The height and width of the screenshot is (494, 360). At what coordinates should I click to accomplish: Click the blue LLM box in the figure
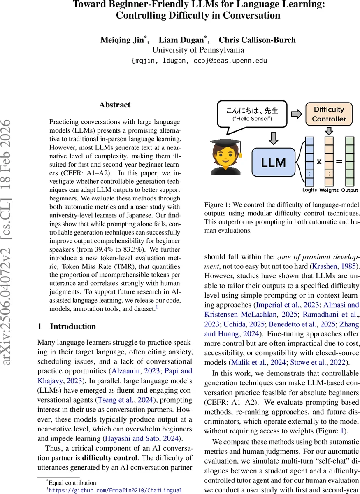pyautogui.click(x=274, y=162)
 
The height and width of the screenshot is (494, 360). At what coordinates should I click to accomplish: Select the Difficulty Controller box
pyautogui.click(x=329, y=114)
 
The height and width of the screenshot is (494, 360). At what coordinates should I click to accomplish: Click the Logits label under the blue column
pyautogui.click(x=309, y=190)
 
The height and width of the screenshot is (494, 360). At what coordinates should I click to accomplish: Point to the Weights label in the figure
pyautogui.click(x=329, y=190)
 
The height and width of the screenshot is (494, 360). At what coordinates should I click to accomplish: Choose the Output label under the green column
pyautogui.click(x=349, y=190)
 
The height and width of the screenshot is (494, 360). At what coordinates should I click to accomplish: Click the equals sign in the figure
pyautogui.click(x=339, y=161)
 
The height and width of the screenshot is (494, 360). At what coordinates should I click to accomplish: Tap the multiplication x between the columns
pyautogui.click(x=319, y=161)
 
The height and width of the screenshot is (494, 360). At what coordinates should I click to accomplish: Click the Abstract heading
pyautogui.click(x=115, y=105)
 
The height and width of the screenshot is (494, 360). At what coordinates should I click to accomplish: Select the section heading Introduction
pyautogui.click(x=72, y=326)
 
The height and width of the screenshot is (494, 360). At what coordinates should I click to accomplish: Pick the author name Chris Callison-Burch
pyautogui.click(x=257, y=40)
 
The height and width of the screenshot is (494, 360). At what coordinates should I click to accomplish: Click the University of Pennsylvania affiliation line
pyautogui.click(x=198, y=50)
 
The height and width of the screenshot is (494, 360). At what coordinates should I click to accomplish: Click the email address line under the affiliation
pyautogui.click(x=199, y=61)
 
